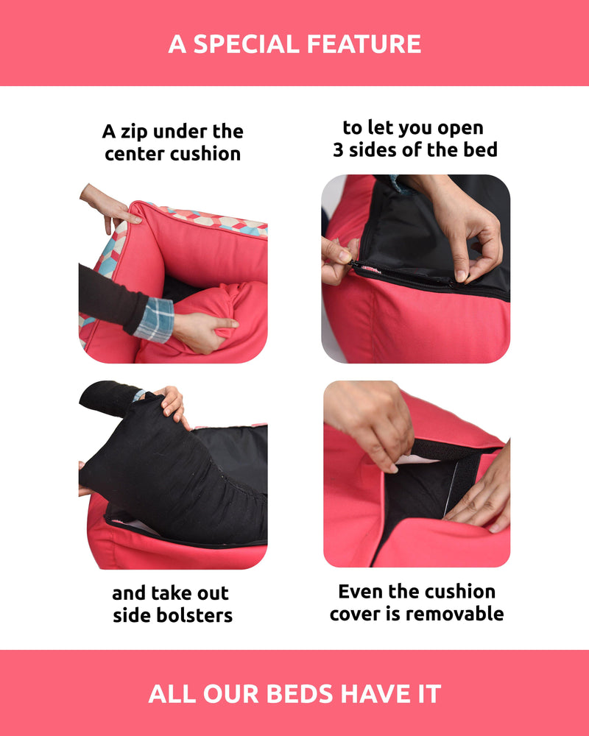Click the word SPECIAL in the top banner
click(246, 44)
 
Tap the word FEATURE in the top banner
click(364, 44)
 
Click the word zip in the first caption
click(134, 132)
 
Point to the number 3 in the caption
click(338, 150)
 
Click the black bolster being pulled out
click(174, 474)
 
